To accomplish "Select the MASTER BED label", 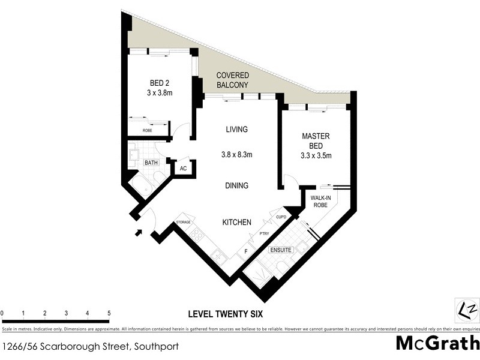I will tap(316, 146).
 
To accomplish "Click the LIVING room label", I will tap(236, 129).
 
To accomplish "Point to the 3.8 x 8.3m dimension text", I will tap(236, 154).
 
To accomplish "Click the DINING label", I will tap(236, 185).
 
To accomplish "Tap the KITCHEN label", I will tap(236, 222).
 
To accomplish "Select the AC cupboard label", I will tap(184, 169).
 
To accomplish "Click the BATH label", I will tap(151, 162).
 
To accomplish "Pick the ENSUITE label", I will tap(281, 249).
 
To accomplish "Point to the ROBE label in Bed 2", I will tap(147, 130).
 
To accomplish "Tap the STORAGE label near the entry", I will tap(183, 222).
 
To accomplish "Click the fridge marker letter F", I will tap(246, 251).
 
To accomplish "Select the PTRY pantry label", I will tap(263, 233).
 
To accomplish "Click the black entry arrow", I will tap(139, 232).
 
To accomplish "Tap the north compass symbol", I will tap(466, 310).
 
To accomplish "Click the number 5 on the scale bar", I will tap(109, 313).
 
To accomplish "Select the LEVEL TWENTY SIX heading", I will tap(225, 313).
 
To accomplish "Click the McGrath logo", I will tap(437, 344).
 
